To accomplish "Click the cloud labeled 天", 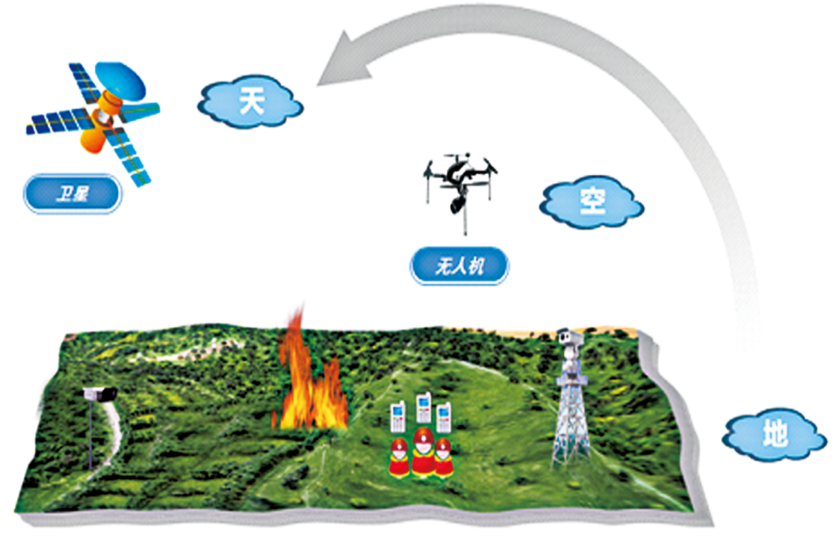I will click(251, 102).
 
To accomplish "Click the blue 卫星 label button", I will click(71, 194).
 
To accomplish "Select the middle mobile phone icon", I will click(424, 409).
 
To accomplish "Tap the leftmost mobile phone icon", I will click(398, 416).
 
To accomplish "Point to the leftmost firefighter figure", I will click(400, 458).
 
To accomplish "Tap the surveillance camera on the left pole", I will click(99, 393).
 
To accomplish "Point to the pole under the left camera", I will click(91, 437).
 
